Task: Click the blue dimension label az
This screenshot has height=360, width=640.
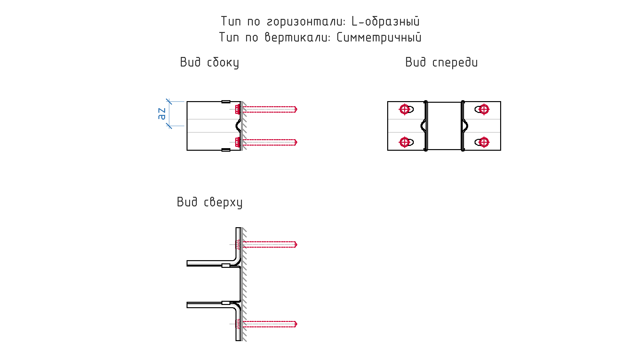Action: pyautogui.click(x=162, y=114)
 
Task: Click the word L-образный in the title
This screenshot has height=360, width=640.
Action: pyautogui.click(x=385, y=21)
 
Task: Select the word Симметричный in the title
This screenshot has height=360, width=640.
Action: pyautogui.click(x=379, y=37)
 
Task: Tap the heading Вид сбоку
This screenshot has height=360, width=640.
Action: pyautogui.click(x=209, y=62)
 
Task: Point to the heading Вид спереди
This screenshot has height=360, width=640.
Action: pyautogui.click(x=441, y=62)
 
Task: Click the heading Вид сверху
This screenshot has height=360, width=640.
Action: pyautogui.click(x=210, y=202)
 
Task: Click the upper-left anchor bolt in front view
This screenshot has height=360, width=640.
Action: pyautogui.click(x=404, y=109)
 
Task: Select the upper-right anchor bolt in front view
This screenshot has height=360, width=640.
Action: pyautogui.click(x=484, y=109)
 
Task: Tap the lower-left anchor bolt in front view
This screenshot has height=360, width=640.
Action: pyautogui.click(x=404, y=142)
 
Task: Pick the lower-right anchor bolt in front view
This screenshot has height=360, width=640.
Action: pyautogui.click(x=484, y=142)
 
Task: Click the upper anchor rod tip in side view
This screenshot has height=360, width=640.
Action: pyautogui.click(x=296, y=109)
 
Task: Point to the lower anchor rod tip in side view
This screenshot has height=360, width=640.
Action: pyautogui.click(x=296, y=142)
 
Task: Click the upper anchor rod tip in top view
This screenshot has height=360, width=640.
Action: pyautogui.click(x=296, y=244)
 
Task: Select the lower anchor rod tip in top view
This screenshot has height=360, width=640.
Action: pyautogui.click(x=296, y=324)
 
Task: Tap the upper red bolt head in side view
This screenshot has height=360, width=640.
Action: pyautogui.click(x=237, y=109)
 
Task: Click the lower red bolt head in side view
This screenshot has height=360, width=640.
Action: pyautogui.click(x=237, y=142)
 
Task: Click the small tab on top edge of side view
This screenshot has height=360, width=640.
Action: pyautogui.click(x=226, y=102)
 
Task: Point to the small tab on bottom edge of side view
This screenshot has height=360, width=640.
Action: pyautogui.click(x=226, y=150)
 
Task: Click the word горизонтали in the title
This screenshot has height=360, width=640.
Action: pyautogui.click(x=306, y=22)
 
